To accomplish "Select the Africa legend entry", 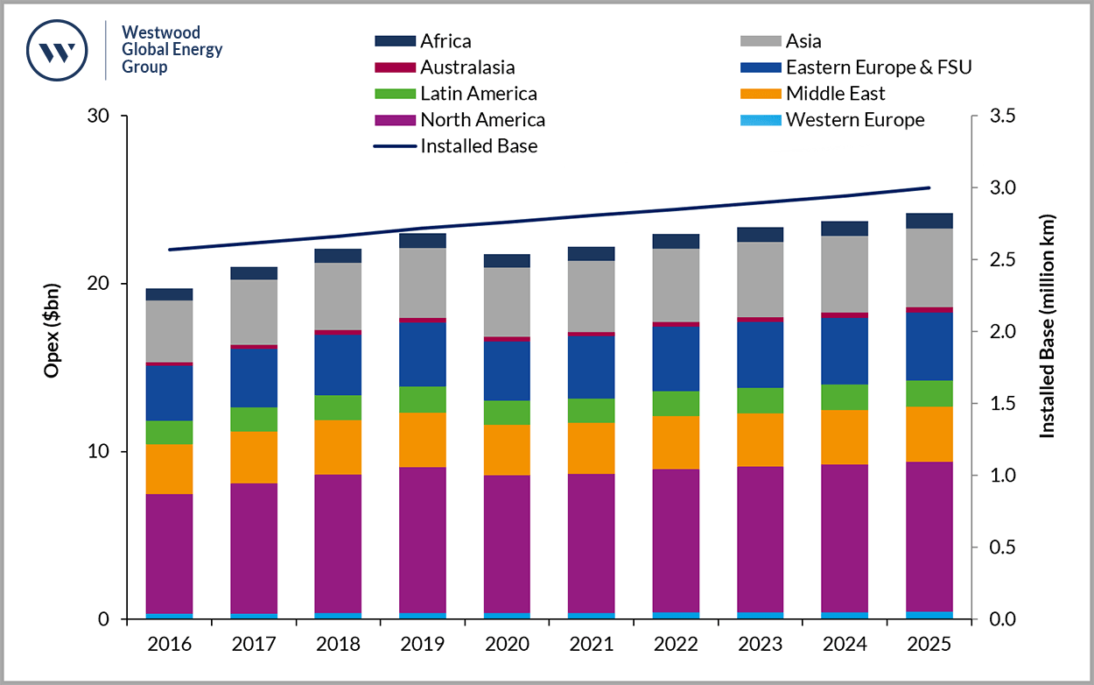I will tap(445, 41).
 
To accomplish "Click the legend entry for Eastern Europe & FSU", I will tap(878, 67).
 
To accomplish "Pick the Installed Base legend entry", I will tap(478, 146).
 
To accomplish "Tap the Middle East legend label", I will tap(835, 94).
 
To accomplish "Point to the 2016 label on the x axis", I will tap(169, 644).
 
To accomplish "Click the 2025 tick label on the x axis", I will tap(929, 644).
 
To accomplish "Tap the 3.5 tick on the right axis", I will tap(1001, 117).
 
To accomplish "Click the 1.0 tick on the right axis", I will tap(1001, 476).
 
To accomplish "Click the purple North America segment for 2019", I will tap(423, 539).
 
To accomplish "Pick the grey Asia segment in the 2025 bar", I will tap(929, 267).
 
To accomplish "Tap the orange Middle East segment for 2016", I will tap(169, 469).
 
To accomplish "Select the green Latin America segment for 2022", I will tap(676, 403).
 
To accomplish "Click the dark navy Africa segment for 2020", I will tap(507, 260).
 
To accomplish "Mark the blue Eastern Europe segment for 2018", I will tap(338, 364).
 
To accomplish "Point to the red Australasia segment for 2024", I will tap(845, 315).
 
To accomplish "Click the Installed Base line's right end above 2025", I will tap(929, 187).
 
